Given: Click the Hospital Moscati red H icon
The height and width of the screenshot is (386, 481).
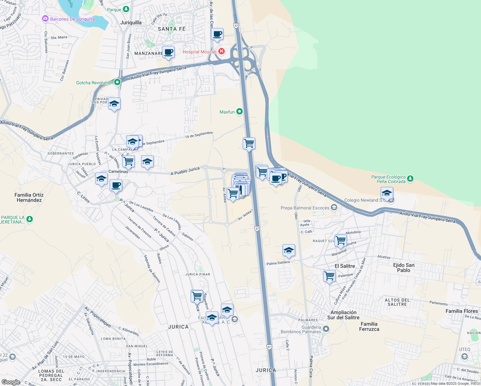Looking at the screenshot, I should pos(221,51).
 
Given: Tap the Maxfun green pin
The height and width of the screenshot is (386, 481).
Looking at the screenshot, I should pos(239,112).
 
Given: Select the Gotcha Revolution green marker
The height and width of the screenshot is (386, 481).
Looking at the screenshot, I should pos(117,82).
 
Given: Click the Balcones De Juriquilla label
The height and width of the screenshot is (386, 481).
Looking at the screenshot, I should pos(72,19).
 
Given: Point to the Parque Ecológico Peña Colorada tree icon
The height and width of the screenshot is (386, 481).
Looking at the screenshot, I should pos(410,179).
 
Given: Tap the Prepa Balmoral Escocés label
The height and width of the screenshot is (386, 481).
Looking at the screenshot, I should pos(305,208).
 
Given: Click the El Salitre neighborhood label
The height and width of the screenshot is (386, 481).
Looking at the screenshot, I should pos(345,266).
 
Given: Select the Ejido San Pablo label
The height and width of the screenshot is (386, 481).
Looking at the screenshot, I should pos(404,268).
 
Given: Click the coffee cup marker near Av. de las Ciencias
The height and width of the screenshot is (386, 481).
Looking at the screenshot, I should pos(217,34).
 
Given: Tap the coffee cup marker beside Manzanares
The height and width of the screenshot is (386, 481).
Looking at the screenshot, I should pos(168,52).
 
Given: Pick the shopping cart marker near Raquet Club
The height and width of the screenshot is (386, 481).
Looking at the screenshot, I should pos(340,240).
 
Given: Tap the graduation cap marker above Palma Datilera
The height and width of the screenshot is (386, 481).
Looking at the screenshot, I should pos(289,250).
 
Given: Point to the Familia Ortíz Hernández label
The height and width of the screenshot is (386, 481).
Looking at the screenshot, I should pos(29,198).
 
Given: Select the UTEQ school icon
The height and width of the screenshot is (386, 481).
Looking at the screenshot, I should pos(464,356).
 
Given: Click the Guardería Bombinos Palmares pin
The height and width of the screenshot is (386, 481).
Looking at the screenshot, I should pos(326,329).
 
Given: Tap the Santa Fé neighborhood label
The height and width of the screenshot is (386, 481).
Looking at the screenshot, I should pos(172,29).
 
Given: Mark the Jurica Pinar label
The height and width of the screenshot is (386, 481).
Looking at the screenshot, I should pos(198,274).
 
